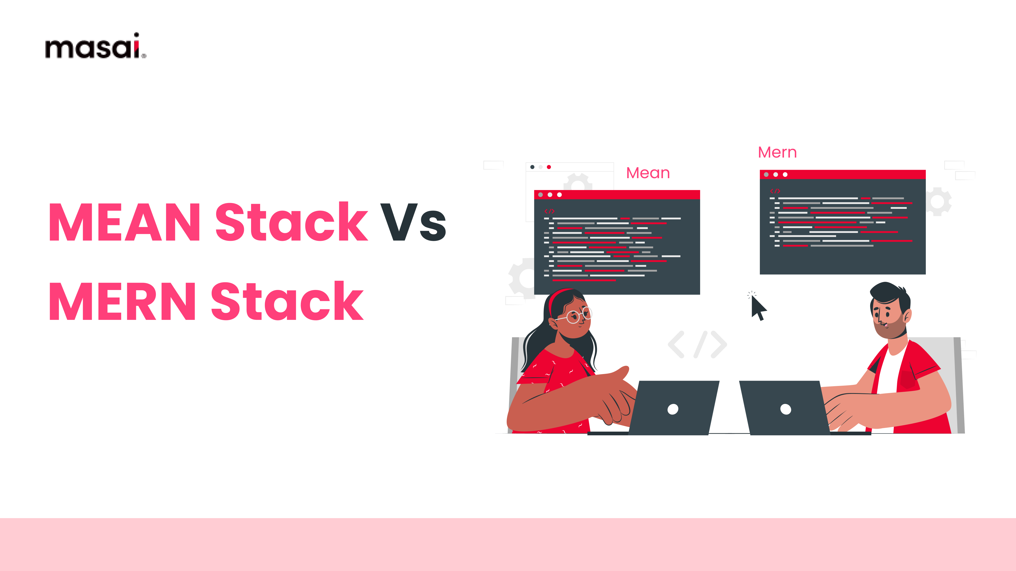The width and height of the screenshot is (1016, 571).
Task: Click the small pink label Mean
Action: pyautogui.click(x=648, y=173)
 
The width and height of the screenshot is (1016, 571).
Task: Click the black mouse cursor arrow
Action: pyautogui.click(x=758, y=308)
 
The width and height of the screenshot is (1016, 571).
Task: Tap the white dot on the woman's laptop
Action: pyautogui.click(x=673, y=409)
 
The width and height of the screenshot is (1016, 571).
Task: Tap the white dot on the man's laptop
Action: pyautogui.click(x=785, y=409)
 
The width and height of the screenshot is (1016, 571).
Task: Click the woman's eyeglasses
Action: pyautogui.click(x=578, y=316)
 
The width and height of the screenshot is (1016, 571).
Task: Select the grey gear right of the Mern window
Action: pyautogui.click(x=939, y=202)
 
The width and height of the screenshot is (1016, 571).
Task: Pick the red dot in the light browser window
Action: pyautogui.click(x=549, y=167)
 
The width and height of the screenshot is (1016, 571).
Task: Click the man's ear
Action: pyautogui.click(x=907, y=315)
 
